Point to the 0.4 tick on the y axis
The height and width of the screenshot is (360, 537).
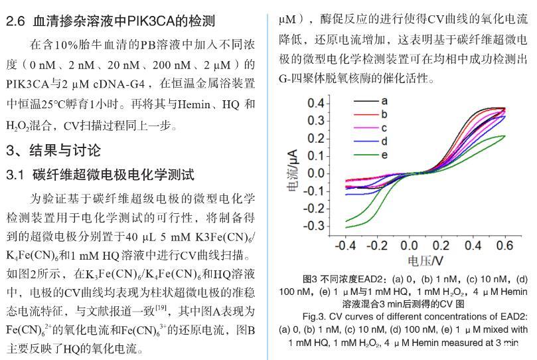pyautogui.click(x=316, y=103)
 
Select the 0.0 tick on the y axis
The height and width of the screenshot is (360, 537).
pyautogui.click(x=316, y=173)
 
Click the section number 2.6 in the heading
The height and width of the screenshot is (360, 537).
pyautogui.click(x=16, y=22)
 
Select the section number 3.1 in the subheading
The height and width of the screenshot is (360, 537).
pyautogui.click(x=15, y=175)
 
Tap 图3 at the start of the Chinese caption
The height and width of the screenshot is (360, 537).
pyautogui.click(x=310, y=279)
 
